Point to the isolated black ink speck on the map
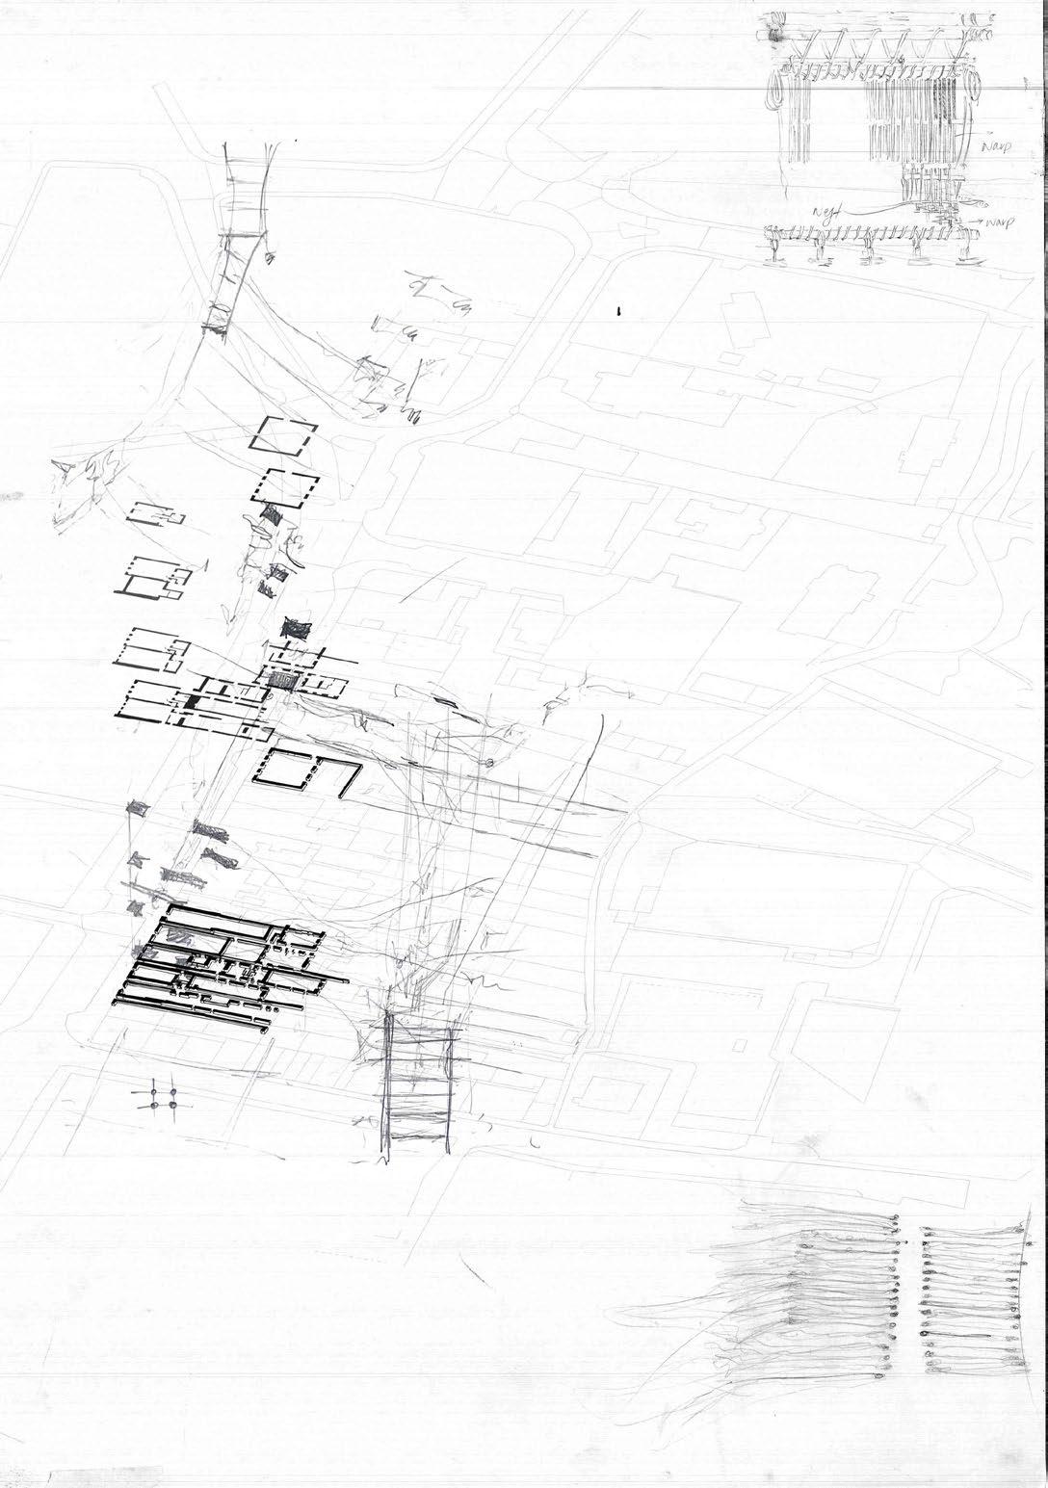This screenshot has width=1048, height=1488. (x=617, y=311)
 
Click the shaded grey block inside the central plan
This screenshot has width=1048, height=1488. (x=282, y=680)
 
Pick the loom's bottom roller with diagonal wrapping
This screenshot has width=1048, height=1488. (x=867, y=232)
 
